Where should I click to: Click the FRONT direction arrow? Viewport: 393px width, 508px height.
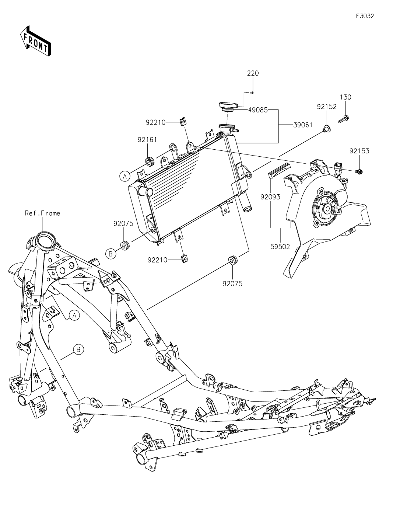pos(35,41)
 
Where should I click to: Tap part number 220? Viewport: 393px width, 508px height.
pos(253,73)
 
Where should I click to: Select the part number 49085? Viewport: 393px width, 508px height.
pos(257,110)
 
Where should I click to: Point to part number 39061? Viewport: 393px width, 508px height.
pos(303,125)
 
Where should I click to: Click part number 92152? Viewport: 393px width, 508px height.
pos(327,107)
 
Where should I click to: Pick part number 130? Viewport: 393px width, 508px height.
pos(345,97)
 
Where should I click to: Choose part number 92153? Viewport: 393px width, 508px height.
pos(359,151)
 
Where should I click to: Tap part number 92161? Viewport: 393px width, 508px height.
pos(147,140)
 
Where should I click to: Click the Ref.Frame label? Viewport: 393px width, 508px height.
pos(42,213)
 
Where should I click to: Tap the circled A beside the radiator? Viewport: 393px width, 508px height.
pos(125,177)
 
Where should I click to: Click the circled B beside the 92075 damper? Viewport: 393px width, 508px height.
pos(110,253)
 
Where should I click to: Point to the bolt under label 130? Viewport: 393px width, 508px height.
pos(344,119)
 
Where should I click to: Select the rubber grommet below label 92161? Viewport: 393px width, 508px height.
pos(150,161)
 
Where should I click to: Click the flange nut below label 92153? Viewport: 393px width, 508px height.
pos(359,171)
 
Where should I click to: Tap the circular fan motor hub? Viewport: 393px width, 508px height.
pos(327,209)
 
